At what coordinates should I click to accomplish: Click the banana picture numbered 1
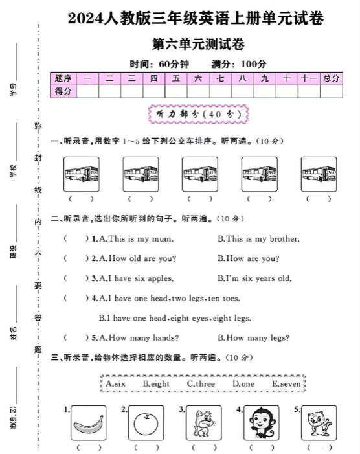[x=88, y=424]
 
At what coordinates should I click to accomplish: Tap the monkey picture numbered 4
[x=262, y=424]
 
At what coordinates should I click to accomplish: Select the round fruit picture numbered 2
[x=146, y=424]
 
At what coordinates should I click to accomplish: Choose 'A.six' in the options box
[x=115, y=384]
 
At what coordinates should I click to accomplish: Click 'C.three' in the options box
[x=201, y=384]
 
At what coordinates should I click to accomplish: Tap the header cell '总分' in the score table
[x=331, y=78]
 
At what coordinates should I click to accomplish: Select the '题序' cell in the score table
[x=63, y=78]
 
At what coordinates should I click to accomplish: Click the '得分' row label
[x=63, y=91]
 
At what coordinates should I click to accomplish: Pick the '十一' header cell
[x=308, y=78]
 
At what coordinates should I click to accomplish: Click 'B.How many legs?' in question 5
[x=253, y=337]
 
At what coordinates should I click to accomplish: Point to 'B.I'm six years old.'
[x=254, y=278]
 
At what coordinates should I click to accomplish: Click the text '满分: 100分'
[x=239, y=64]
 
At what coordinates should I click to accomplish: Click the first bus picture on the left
[x=82, y=174]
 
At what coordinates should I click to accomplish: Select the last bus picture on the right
[x=319, y=174]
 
